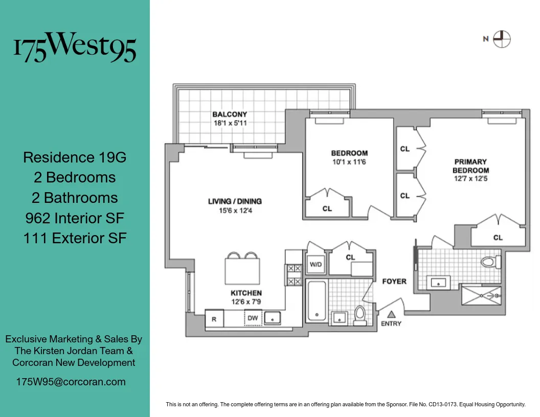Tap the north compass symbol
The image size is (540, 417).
click(502, 39)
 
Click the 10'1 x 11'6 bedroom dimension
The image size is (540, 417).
click(349, 162)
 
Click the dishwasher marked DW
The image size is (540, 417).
click(253, 317)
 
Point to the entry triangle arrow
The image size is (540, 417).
click(391, 314)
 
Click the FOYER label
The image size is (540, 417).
click(394, 281)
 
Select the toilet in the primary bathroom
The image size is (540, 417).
click(489, 263)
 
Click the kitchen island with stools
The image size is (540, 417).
click(242, 270)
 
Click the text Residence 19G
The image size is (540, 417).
click(75, 157)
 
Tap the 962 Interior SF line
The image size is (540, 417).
click(75, 218)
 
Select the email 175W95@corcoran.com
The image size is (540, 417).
click(71, 382)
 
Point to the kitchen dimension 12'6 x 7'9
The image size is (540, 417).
click(246, 302)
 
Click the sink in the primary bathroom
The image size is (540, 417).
click(438, 282)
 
